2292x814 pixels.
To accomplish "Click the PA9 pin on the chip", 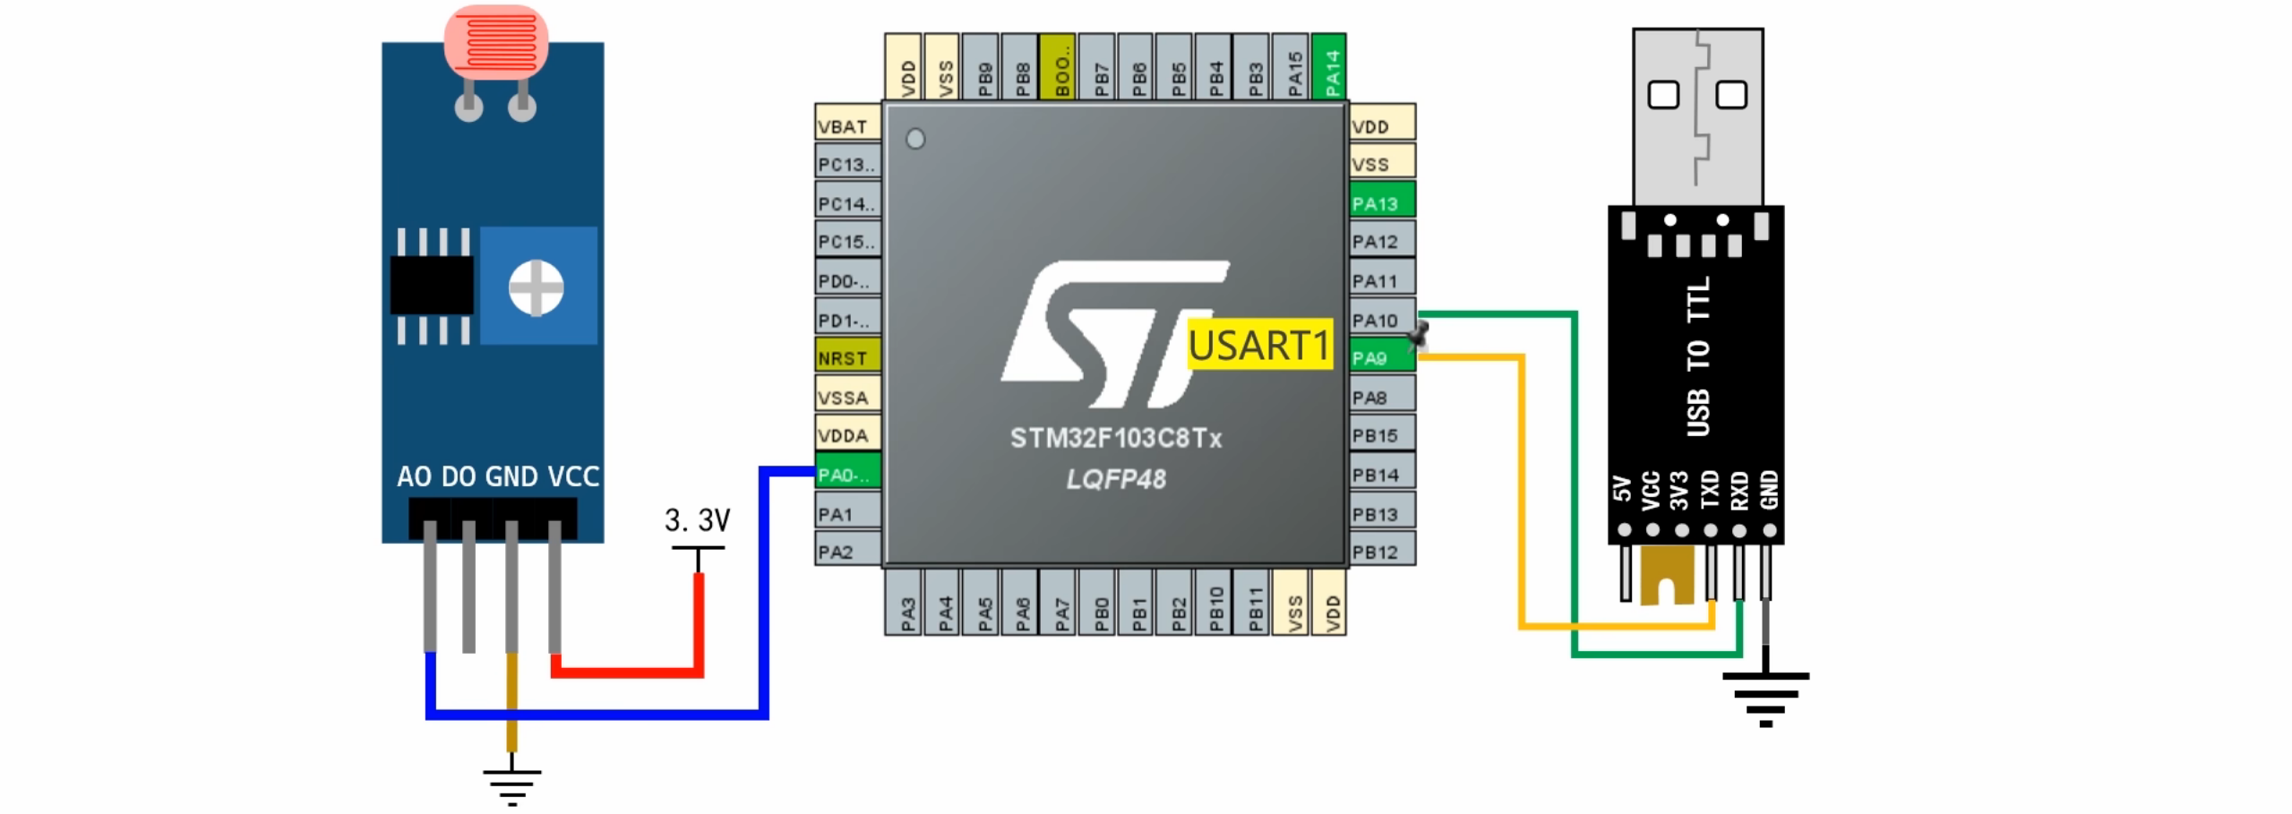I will (1380, 357).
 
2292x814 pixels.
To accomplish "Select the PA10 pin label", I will (1380, 320).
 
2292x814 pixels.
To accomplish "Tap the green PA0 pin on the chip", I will (846, 474).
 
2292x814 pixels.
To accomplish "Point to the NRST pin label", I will (846, 357).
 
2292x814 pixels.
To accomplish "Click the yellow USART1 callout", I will (1258, 345).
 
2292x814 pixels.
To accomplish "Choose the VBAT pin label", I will (846, 126).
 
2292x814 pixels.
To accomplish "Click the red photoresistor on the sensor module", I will (495, 41).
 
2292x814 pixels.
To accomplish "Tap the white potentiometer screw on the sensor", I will (536, 287).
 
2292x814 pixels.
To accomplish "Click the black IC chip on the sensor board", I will (432, 286).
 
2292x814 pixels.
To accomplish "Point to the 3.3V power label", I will (697, 520).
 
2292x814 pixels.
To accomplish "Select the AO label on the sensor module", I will (414, 476).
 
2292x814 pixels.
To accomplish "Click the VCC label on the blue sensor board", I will (573, 476).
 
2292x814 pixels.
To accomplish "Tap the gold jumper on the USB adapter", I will (1667, 576).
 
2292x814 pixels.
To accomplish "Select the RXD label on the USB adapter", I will (1738, 491).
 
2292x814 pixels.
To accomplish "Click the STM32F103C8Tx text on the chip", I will (1115, 438).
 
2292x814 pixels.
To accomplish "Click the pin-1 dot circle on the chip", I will (914, 139).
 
